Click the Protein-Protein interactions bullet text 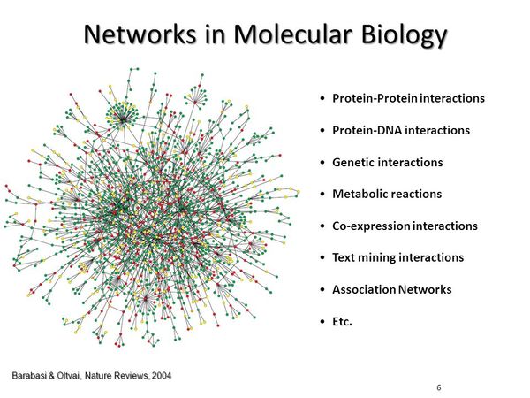coord(408,98)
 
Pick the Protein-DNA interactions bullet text coord(400,130)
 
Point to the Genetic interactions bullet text coord(387,162)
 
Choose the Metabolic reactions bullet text coord(387,194)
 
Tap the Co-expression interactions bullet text coord(405,226)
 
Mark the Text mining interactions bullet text coord(397,257)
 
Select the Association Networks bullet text coord(391,289)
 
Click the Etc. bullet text coord(342,321)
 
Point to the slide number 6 coord(439,388)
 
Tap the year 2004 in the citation coord(161,376)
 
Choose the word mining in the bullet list coord(375,257)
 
